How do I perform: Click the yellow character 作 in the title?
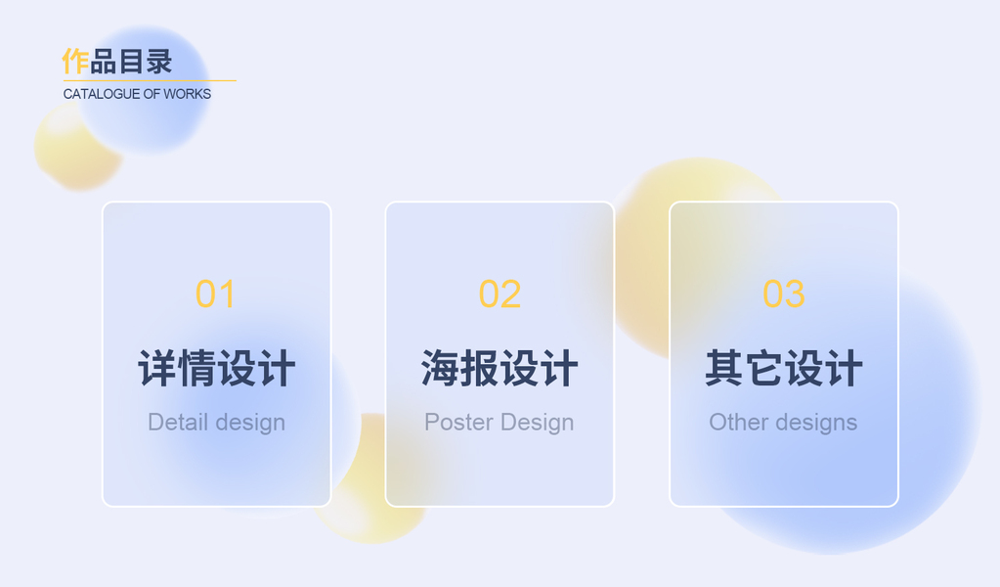[75, 62]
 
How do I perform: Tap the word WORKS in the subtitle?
[188, 94]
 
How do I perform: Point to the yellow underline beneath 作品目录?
[150, 80]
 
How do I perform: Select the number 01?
[216, 294]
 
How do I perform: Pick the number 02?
[500, 294]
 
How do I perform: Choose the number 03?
[784, 294]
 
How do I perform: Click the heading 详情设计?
[217, 368]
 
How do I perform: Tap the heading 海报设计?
[500, 368]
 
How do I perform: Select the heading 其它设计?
[784, 368]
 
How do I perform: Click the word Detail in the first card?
[178, 422]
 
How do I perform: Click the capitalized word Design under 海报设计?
[537, 423]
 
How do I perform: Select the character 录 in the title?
[159, 62]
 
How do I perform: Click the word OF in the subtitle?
[152, 94]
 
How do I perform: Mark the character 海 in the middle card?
[441, 368]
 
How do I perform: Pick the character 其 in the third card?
[724, 368]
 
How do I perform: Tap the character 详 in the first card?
[157, 368]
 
